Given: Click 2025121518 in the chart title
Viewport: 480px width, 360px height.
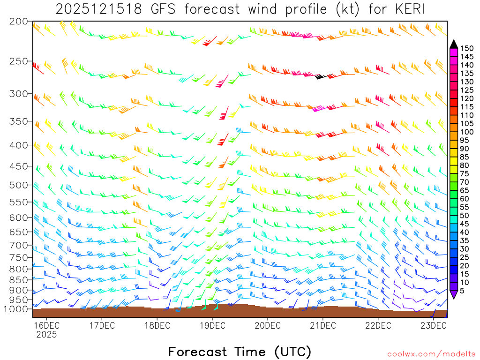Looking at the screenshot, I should click(96, 9).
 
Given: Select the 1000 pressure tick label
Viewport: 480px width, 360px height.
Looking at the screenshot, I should click(17, 309).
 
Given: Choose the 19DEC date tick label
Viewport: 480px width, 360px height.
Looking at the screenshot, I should click(212, 325).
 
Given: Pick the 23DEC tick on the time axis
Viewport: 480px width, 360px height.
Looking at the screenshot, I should click(433, 325).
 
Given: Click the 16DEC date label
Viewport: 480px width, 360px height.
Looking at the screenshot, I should click(46, 325).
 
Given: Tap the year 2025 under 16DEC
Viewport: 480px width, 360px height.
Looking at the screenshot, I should click(46, 334).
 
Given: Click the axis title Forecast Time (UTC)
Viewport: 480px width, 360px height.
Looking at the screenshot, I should click(240, 351).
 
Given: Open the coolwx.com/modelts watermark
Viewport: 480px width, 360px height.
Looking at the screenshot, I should click(431, 354).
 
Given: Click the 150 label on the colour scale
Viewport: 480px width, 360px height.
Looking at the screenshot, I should click(466, 48).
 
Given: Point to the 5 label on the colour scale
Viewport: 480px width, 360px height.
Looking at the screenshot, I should click(462, 291).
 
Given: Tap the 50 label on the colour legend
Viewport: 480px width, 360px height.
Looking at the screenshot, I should click(465, 216).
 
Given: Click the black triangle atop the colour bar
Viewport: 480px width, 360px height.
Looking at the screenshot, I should click(454, 44).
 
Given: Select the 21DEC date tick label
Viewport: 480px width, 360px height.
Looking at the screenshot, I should click(322, 325).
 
